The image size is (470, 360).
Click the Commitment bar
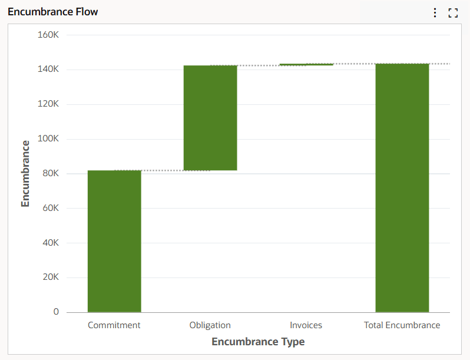coord(114,241)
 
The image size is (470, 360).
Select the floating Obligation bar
coord(210,118)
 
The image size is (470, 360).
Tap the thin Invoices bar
coord(306,64)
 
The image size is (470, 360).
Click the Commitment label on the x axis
coord(114,325)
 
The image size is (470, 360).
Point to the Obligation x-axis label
coord(210,325)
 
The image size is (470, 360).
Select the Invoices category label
coord(306,325)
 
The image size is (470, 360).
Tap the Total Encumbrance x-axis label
coord(402,325)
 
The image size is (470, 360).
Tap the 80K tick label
coord(51,173)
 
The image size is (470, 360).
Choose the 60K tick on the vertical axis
coord(51,208)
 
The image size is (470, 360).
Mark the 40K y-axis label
coord(51,243)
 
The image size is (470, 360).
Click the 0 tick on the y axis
coord(56,312)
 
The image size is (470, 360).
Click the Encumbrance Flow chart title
coord(53,12)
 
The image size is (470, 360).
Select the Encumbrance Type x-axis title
coord(258,342)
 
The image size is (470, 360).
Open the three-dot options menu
coord(435,12)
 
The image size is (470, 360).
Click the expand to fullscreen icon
coord(453,12)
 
